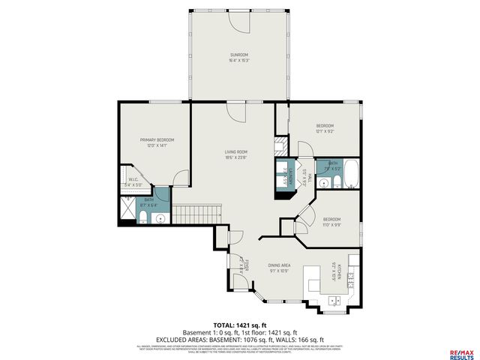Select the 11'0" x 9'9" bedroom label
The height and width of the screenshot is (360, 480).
[331, 221]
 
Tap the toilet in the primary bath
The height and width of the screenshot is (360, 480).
[142, 217]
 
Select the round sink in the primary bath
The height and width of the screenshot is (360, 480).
[158, 218]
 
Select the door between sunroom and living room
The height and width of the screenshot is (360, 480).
[236, 112]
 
